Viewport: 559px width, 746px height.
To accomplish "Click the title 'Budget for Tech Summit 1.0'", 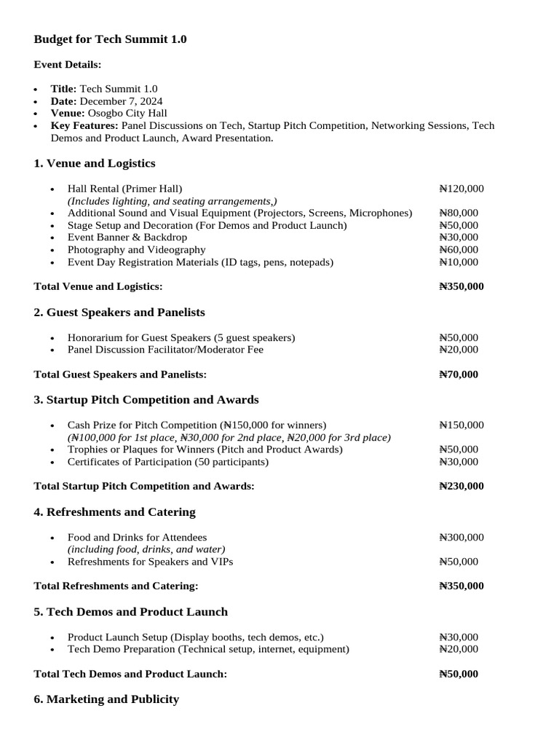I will click(110, 39).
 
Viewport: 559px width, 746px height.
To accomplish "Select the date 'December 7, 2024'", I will click(121, 101).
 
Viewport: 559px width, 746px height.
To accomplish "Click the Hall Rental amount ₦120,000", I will click(461, 189).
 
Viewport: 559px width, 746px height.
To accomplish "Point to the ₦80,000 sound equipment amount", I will click(459, 213).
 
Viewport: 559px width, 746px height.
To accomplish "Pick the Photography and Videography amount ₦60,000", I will click(459, 249).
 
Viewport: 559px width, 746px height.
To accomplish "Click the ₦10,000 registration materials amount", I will click(459, 262).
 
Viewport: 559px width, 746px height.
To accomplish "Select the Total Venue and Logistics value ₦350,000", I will click(461, 287).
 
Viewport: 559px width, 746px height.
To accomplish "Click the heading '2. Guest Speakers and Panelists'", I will click(119, 313).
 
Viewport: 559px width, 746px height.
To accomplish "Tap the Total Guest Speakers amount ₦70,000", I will click(459, 374).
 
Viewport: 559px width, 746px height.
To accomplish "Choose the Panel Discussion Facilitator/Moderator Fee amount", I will click(459, 350).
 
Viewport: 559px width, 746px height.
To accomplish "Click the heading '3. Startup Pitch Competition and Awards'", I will click(146, 400).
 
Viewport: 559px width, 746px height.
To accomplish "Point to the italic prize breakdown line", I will click(229, 437).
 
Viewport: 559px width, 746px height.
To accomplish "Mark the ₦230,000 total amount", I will click(461, 486).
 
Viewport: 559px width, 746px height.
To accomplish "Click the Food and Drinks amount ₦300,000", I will click(461, 537).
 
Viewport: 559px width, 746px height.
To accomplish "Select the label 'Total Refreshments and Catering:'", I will click(116, 586).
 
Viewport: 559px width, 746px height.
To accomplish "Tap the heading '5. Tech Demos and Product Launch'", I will click(131, 612).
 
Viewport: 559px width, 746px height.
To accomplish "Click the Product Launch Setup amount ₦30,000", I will click(459, 637).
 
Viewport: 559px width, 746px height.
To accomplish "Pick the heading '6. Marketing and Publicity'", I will click(106, 699).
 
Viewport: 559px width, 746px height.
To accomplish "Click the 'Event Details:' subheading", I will click(68, 65).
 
